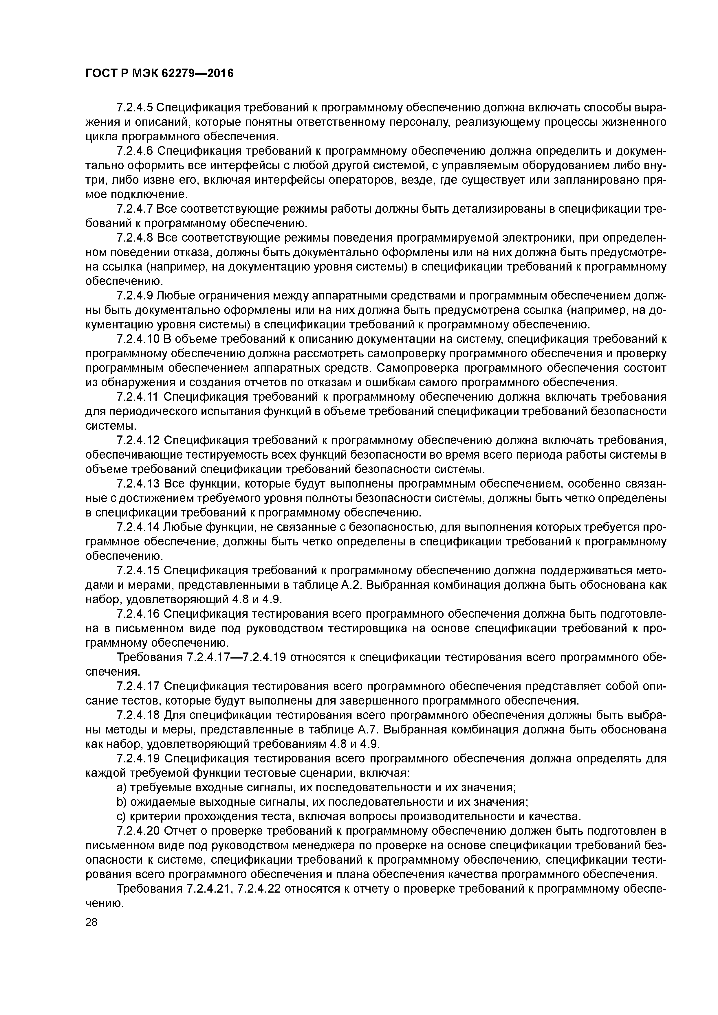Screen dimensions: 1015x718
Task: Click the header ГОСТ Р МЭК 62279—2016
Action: [159, 73]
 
